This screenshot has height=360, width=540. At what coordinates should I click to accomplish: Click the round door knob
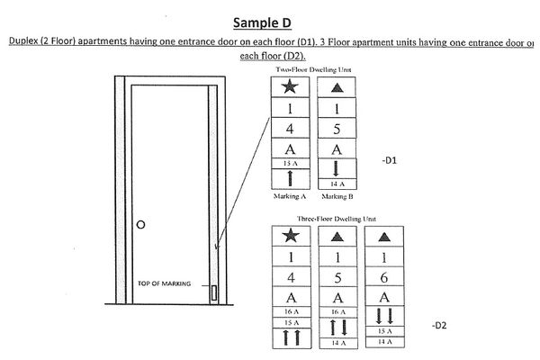click(x=140, y=223)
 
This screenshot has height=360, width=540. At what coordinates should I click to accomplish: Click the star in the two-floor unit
click(x=290, y=87)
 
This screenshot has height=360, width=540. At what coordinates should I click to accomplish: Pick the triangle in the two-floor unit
click(x=335, y=87)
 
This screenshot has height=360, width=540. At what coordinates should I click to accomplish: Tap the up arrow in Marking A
click(x=290, y=177)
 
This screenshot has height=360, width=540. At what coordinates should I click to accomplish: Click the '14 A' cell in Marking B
click(x=335, y=184)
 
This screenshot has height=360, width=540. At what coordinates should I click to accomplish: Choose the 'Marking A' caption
click(x=290, y=194)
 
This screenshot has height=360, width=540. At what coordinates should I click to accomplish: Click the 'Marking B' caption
click(x=335, y=194)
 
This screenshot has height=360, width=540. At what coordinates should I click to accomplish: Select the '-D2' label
click(x=438, y=324)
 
